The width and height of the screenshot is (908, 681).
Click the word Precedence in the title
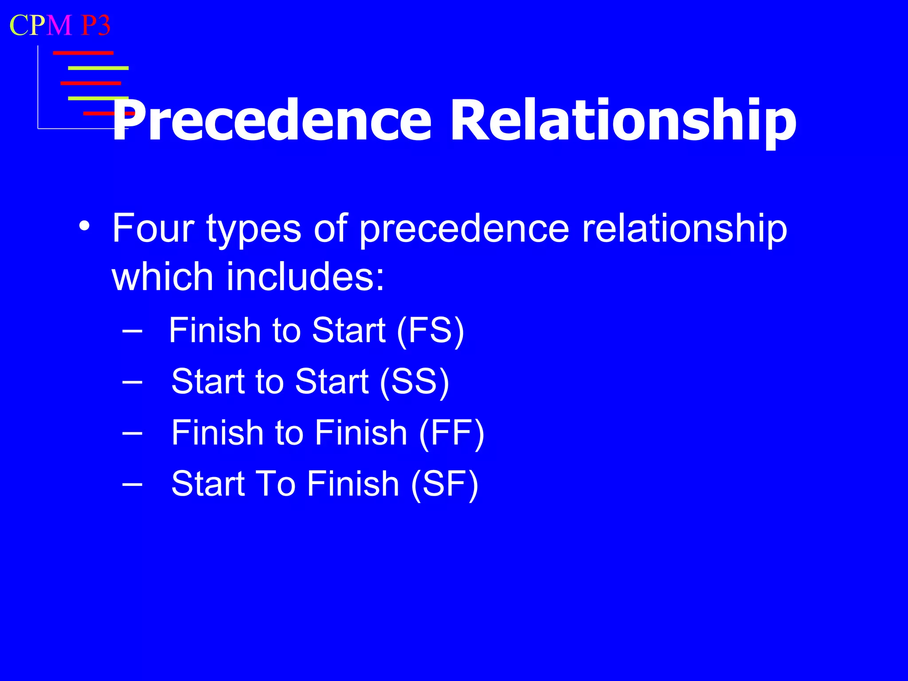[x=271, y=121]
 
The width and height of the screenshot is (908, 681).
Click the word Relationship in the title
[x=623, y=121]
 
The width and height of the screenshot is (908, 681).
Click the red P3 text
[x=95, y=25]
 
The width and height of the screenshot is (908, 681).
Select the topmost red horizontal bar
[x=83, y=53]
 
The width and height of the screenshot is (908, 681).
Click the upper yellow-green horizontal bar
[x=98, y=68]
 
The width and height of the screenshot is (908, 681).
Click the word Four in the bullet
[x=153, y=229]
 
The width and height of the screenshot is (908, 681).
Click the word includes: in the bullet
[x=305, y=277]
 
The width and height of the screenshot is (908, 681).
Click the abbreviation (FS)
[x=430, y=331]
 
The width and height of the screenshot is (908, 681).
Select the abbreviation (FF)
[x=451, y=433]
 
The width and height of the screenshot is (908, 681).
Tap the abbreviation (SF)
[x=445, y=484]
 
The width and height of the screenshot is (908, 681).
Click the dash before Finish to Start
[x=132, y=331]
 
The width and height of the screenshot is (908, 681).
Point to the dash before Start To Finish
[x=132, y=484]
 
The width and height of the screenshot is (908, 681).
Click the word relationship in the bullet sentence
[x=684, y=229]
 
